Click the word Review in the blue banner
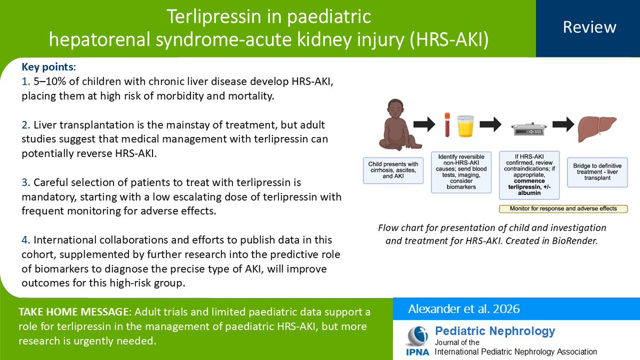[589, 27]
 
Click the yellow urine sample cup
[467, 129]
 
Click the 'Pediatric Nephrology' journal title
[495, 331]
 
